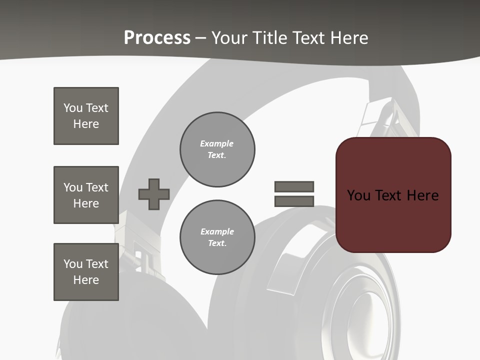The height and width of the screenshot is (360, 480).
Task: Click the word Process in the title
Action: pyautogui.click(x=157, y=38)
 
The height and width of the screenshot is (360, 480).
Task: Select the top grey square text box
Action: pyautogui.click(x=86, y=116)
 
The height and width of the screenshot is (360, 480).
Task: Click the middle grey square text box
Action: pyautogui.click(x=86, y=195)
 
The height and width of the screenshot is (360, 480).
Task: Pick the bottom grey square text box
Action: pyautogui.click(x=86, y=272)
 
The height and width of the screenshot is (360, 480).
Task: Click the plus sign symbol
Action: pyautogui.click(x=154, y=194)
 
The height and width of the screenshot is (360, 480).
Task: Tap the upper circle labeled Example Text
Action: pyautogui.click(x=217, y=149)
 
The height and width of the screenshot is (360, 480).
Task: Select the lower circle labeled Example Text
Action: pyautogui.click(x=217, y=237)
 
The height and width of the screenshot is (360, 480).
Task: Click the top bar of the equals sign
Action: pyautogui.click(x=294, y=186)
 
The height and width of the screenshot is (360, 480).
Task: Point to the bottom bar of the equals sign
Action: pyautogui.click(x=294, y=201)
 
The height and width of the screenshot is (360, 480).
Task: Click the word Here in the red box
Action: pyautogui.click(x=422, y=195)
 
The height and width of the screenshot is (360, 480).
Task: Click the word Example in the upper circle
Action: pyautogui.click(x=216, y=143)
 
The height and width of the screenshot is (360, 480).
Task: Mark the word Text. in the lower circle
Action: pyautogui.click(x=217, y=243)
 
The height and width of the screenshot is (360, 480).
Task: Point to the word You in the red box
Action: pyautogui.click(x=358, y=195)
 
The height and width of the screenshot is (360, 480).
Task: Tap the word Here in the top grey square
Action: pyautogui.click(x=86, y=124)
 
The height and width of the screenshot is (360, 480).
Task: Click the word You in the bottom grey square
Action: pyautogui.click(x=72, y=264)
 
